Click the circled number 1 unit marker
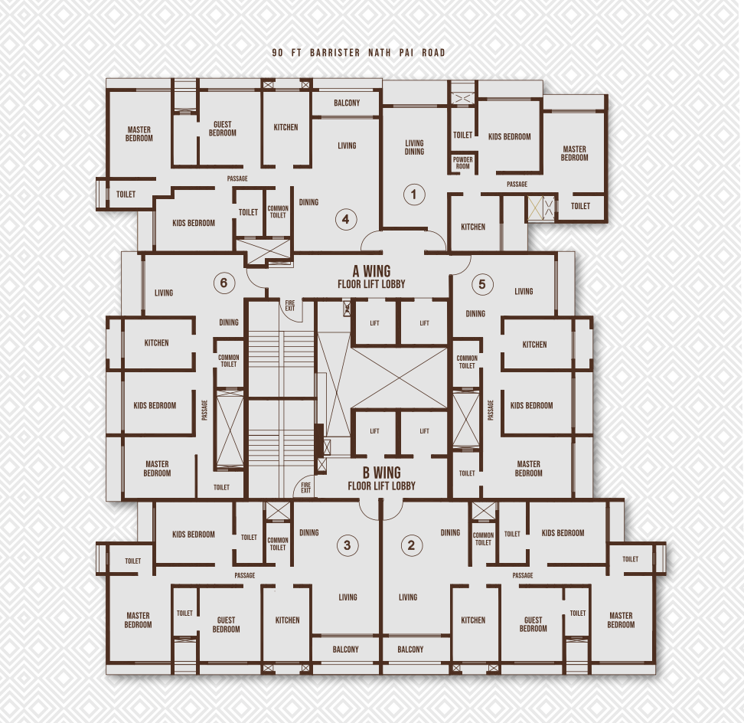point(413,195)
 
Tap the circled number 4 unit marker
point(345,220)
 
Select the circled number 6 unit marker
point(223,283)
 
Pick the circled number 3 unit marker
point(347,545)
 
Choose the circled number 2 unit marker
point(411,545)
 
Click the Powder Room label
point(462,163)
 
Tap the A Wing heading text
point(371,271)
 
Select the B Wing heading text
point(381,473)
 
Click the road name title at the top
point(358,53)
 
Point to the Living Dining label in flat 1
point(414,147)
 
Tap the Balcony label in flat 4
point(346,103)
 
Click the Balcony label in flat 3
point(345,649)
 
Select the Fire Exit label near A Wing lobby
point(290,305)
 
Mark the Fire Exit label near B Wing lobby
point(305,487)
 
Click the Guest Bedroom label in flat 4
point(223,129)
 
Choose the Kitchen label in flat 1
point(473,227)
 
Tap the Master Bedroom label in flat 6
point(157,469)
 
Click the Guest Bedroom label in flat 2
point(533,624)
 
